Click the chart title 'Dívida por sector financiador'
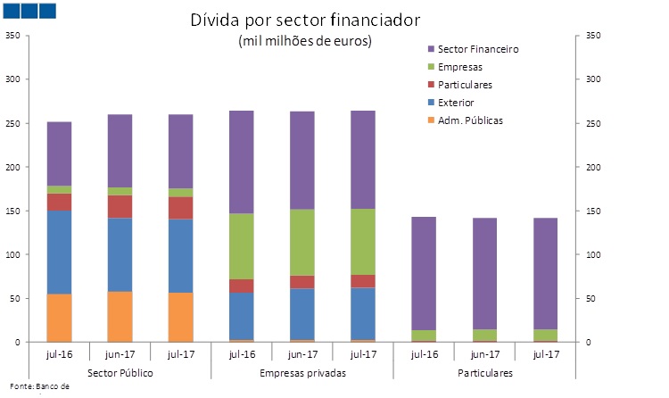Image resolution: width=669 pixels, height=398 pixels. (304, 20)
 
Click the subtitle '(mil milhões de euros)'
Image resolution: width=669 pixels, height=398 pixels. (304, 41)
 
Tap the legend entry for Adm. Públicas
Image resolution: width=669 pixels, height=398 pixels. (470, 120)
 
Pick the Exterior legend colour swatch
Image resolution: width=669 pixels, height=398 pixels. (431, 103)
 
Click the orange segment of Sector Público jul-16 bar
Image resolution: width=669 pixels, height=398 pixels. (59, 318)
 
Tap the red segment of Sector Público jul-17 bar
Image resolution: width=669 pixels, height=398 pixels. (180, 207)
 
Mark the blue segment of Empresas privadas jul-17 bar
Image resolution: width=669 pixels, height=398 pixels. (362, 306)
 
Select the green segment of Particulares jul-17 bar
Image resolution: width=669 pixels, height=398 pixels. (544, 335)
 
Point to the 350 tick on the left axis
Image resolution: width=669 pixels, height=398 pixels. (12, 36)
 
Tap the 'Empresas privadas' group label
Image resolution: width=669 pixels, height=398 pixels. (301, 371)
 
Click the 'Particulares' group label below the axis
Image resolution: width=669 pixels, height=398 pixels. (483, 371)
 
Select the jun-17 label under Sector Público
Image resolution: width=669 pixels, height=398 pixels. (120, 353)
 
